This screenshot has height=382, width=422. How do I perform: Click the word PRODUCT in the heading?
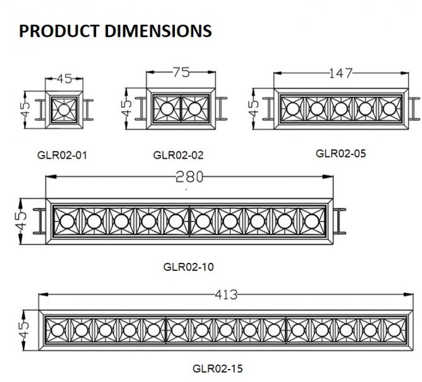pos(55,30)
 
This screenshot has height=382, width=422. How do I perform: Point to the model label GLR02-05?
pos(341,153)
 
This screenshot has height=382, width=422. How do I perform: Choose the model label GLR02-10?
pos(189,267)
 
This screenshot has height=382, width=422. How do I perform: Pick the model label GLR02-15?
pos(217,368)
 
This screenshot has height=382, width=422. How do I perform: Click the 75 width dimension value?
pos(180,73)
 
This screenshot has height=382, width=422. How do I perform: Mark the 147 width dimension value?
pos(341,74)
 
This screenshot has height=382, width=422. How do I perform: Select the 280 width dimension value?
pos(189,177)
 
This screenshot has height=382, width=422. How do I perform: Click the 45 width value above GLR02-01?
pos(64,79)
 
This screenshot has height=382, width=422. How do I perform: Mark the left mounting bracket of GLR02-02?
pos(140,109)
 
